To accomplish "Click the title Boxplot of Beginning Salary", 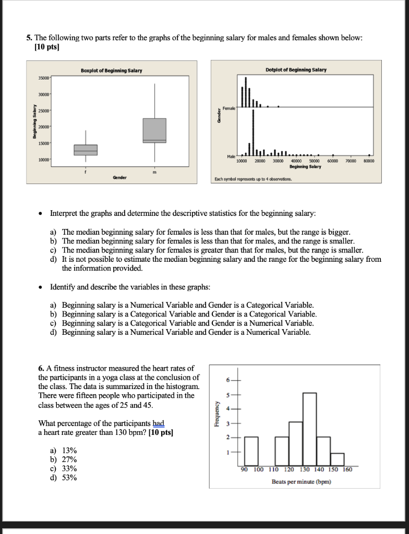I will (111, 70).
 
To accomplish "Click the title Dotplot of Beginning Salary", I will (296, 70).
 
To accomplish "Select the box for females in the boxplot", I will (86, 150).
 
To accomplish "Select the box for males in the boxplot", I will (154, 130).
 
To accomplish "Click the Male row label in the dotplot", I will (230, 156).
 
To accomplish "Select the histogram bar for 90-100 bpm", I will (251, 451).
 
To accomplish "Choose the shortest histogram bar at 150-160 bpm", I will (338, 459).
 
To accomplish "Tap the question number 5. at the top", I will (30, 38).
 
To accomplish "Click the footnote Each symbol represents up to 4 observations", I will (253, 179).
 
